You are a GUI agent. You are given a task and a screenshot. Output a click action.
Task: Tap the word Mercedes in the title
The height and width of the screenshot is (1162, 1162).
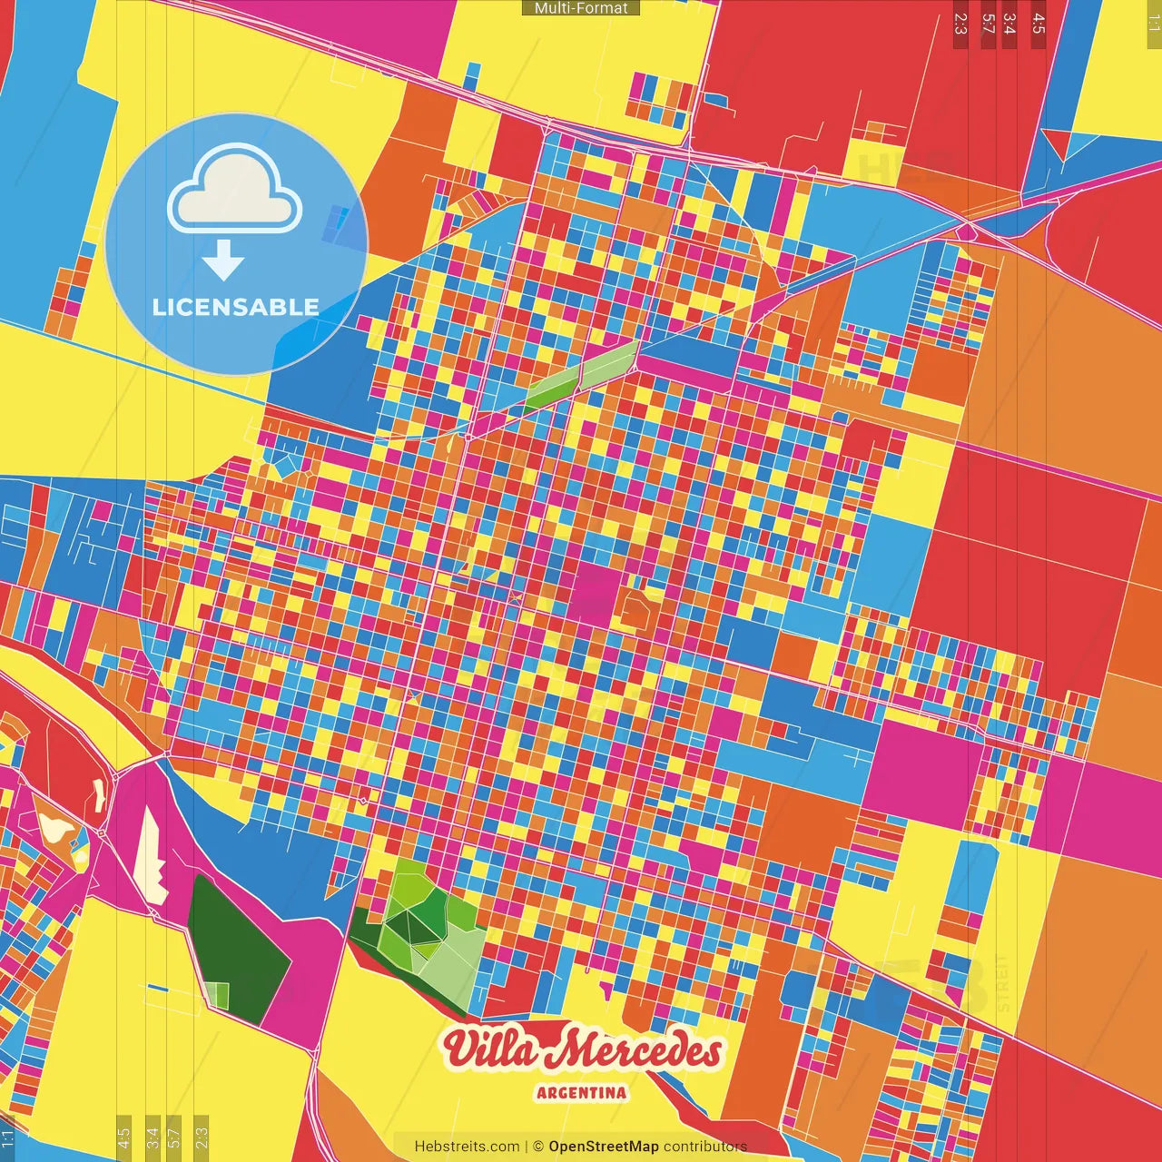click(639, 1051)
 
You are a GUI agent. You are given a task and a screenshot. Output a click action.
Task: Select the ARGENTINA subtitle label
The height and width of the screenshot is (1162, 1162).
click(581, 1092)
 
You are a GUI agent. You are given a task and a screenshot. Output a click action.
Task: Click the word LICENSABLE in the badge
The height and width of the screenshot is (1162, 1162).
click(235, 307)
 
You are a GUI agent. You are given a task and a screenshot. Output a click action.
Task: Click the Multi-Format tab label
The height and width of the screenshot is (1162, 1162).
click(581, 8)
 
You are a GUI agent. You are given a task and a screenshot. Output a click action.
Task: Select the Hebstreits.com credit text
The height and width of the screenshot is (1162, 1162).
click(467, 1147)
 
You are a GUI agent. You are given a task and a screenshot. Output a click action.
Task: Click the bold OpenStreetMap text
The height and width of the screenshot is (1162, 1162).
click(604, 1147)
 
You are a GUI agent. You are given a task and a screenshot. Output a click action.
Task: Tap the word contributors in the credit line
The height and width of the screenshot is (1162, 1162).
click(705, 1147)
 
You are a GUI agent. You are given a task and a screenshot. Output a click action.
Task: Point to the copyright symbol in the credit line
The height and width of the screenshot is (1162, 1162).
click(538, 1147)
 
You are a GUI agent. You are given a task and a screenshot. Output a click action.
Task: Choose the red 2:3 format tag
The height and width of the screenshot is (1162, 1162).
click(960, 24)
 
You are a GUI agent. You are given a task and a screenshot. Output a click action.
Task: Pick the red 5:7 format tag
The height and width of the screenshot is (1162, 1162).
click(989, 24)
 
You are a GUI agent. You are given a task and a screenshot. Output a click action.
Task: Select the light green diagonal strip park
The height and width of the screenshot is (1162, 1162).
click(581, 375)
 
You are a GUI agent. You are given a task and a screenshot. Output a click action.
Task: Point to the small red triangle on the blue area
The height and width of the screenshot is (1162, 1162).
click(1057, 143)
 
